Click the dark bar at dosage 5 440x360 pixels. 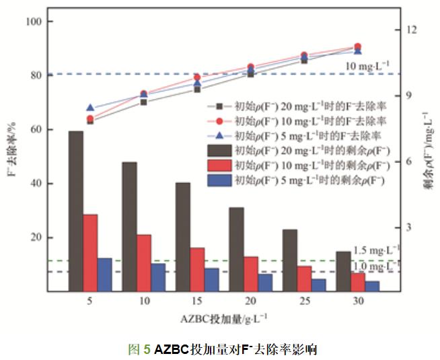(76, 211)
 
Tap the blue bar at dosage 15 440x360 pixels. (211, 279)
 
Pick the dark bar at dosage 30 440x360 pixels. (342, 271)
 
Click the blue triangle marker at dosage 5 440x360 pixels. (91, 108)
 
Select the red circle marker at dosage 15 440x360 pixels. (197, 77)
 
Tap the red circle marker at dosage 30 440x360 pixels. (357, 46)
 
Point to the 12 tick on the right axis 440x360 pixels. (411, 30)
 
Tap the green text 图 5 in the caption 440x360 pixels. (139, 350)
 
